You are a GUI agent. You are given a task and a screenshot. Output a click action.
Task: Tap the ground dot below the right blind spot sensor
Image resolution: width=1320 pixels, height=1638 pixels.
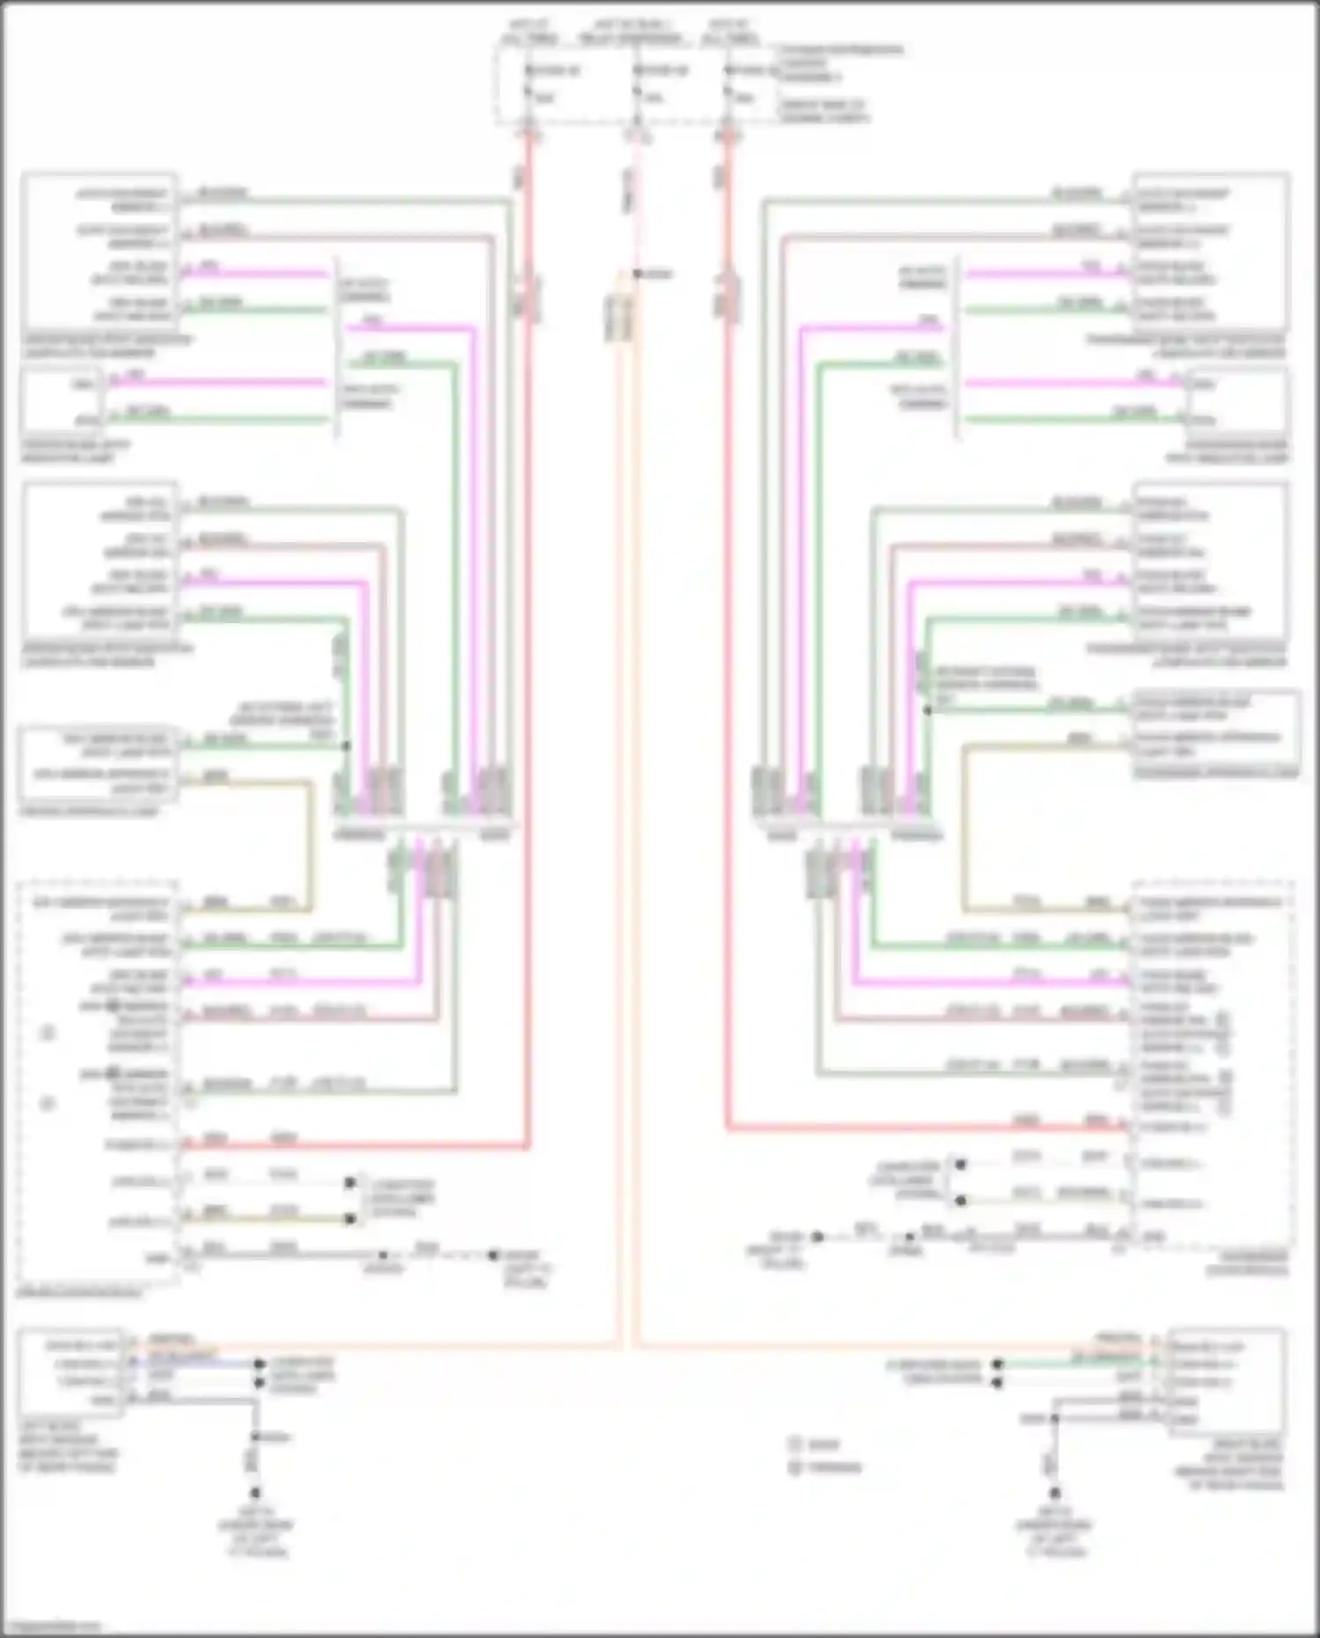point(1054,1493)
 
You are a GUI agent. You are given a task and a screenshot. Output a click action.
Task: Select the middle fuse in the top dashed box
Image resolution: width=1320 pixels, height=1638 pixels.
point(637,84)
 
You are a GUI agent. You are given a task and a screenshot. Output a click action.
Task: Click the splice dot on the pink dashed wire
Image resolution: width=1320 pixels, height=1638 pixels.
point(637,274)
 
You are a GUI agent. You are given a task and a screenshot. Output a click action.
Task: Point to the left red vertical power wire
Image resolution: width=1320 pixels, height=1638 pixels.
point(529,616)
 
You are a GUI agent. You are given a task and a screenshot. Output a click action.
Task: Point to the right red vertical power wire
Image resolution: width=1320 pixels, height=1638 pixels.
point(729,616)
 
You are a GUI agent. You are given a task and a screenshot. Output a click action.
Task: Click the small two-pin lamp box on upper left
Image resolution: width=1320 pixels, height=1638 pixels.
point(62,401)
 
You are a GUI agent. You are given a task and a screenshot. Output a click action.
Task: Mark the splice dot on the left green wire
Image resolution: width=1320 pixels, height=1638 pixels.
point(346,746)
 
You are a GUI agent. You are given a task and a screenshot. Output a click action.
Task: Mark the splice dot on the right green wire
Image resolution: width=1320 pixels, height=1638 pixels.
point(927,709)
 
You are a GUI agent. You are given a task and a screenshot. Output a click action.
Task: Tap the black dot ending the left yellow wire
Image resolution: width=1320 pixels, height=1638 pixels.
point(350,1219)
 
